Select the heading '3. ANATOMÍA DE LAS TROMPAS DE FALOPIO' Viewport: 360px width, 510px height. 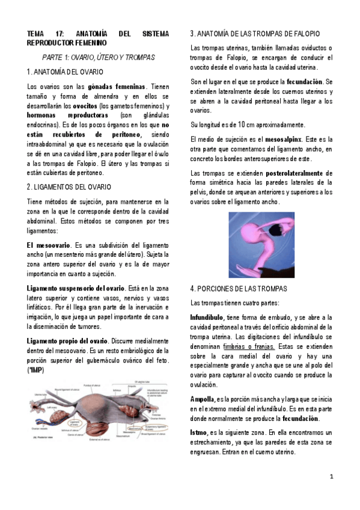click(254, 33)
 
